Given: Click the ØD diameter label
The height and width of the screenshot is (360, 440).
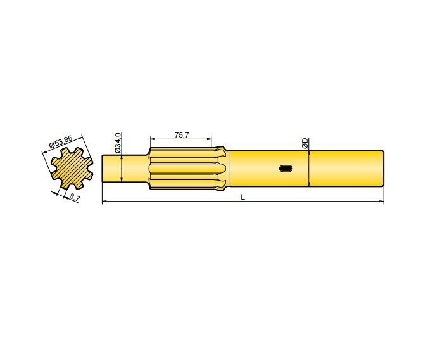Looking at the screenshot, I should tap(305, 143).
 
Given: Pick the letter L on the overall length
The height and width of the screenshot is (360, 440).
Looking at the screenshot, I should tap(243, 198).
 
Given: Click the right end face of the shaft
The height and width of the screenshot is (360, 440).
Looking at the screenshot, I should tap(383, 168).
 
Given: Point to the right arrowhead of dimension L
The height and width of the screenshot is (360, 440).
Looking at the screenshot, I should tap(382, 202).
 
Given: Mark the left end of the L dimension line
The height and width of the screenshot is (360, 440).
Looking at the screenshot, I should tap(104, 202).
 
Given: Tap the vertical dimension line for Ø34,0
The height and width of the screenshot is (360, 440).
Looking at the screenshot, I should tap(121, 168).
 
